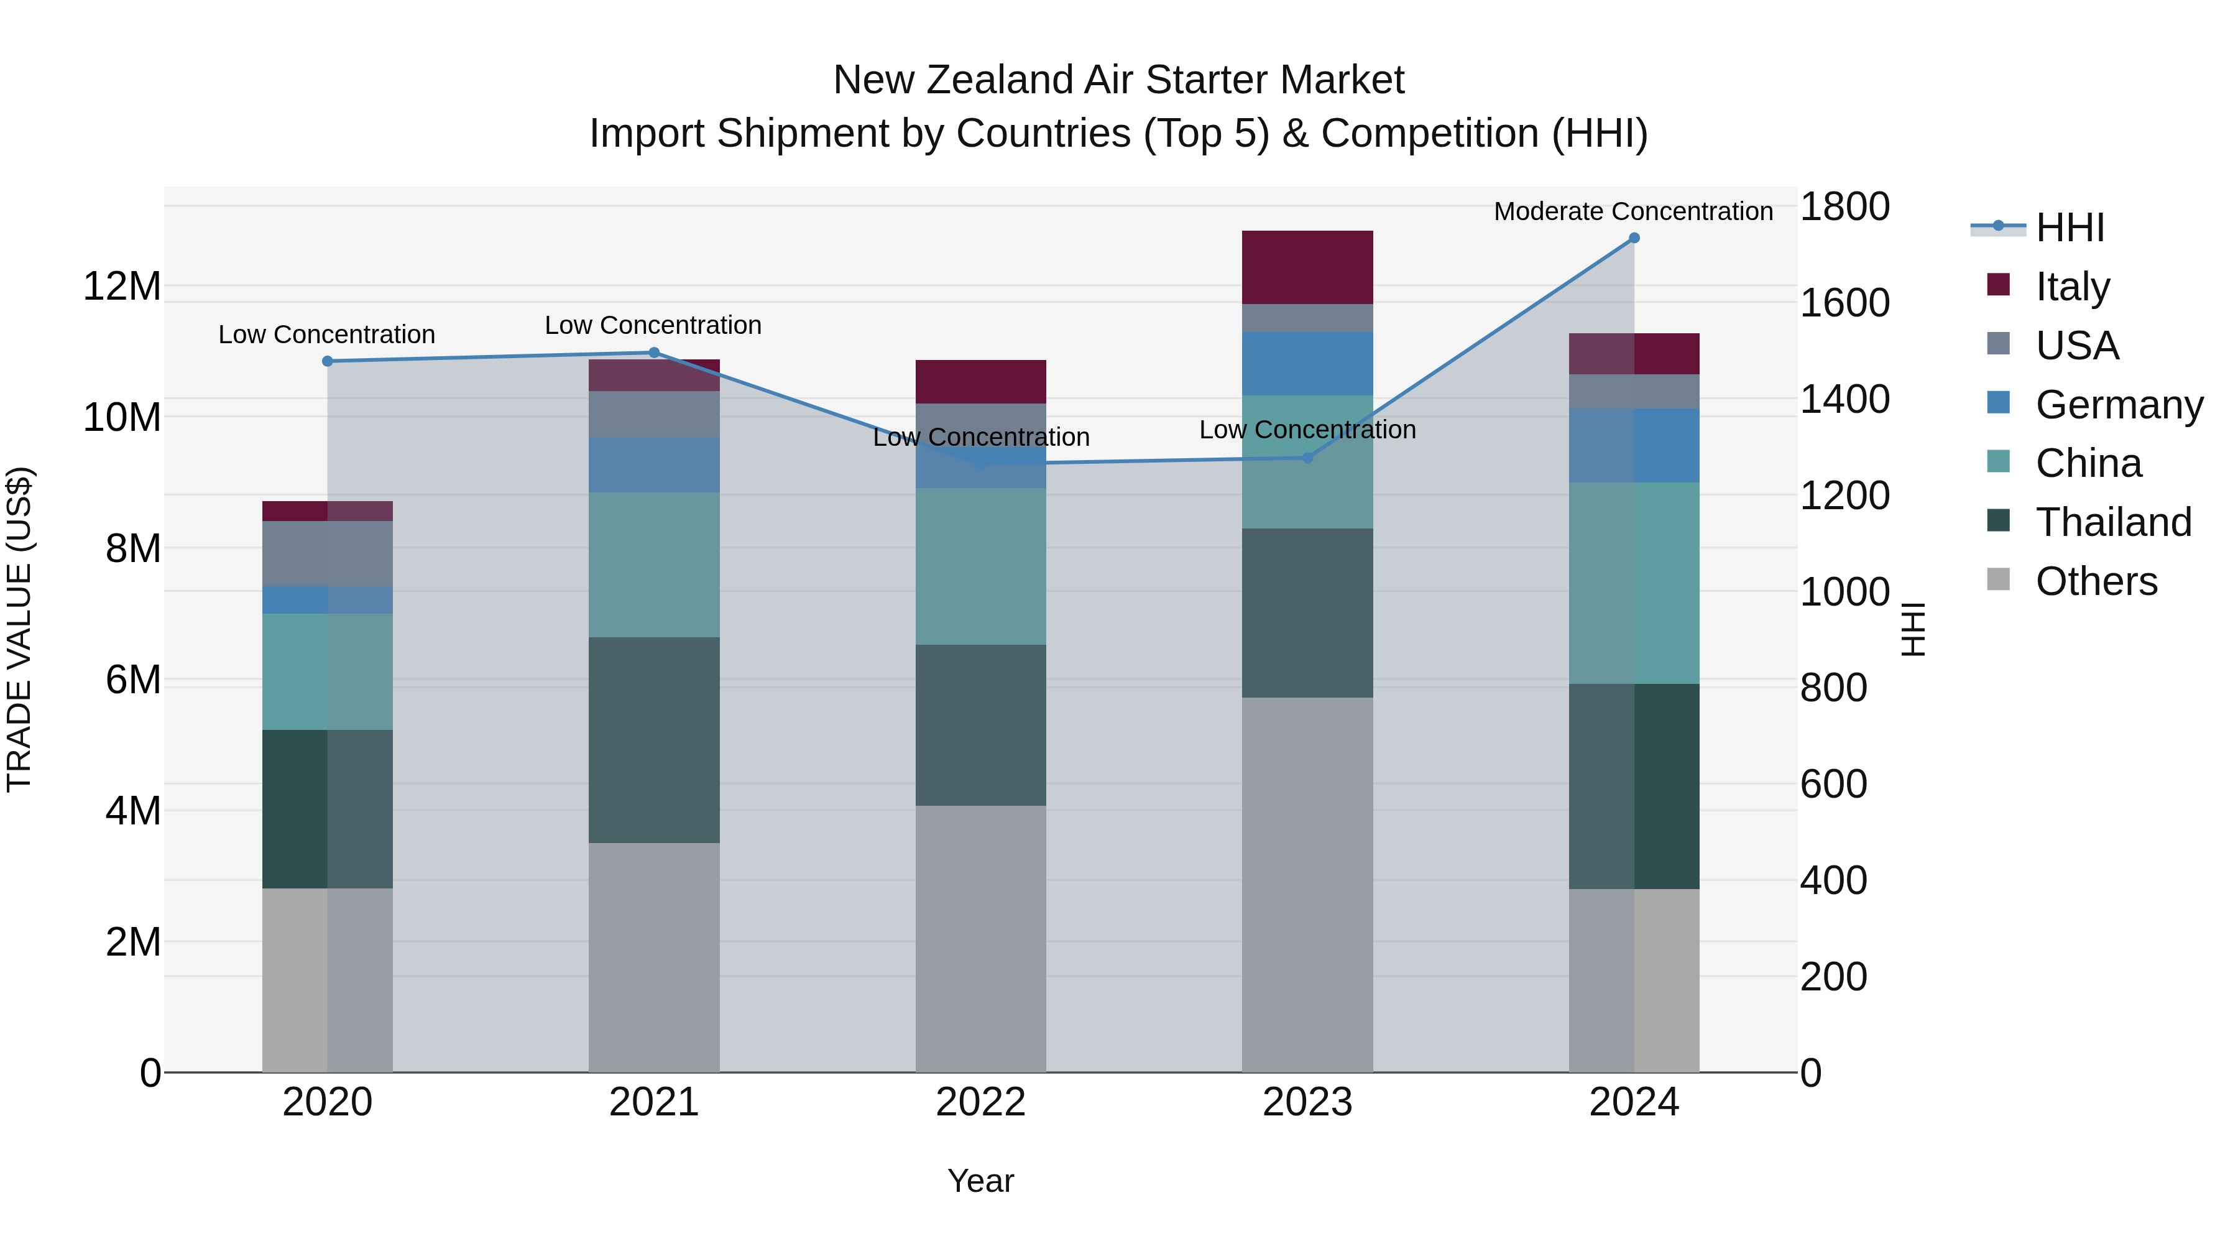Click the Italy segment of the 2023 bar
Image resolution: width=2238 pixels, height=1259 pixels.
(1307, 267)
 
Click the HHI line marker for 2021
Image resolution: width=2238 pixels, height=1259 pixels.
(654, 353)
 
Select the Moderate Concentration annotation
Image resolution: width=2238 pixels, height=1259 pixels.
(1632, 211)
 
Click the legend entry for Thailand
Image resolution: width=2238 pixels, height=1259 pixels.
(2112, 522)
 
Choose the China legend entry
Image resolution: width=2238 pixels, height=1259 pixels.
(2088, 463)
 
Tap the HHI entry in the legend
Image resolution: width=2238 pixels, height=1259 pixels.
(2068, 228)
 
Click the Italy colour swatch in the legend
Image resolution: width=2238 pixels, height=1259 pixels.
(1998, 285)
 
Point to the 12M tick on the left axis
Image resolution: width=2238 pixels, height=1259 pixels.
(122, 287)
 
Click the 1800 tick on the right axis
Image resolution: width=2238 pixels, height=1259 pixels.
(1844, 207)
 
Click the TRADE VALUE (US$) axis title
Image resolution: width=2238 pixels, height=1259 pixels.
(19, 629)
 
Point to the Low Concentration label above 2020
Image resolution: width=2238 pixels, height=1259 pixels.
(326, 334)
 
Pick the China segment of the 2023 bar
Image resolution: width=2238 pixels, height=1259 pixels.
(1307, 461)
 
